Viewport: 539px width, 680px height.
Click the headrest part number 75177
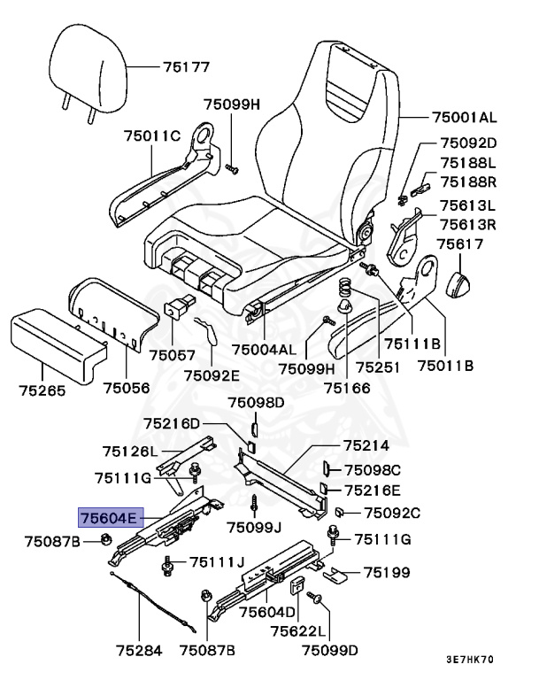[186, 66]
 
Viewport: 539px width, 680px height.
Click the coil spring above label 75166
[348, 290]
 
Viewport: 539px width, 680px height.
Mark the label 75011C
[151, 135]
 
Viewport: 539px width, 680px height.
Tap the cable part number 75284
[139, 650]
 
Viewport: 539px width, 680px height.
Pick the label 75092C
[393, 512]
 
